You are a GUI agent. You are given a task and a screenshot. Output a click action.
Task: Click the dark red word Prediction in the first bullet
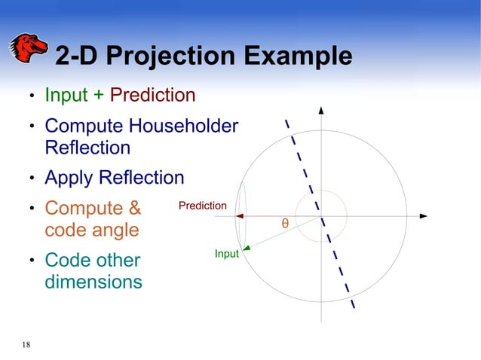[x=153, y=96]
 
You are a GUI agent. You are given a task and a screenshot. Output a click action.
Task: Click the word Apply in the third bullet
[x=70, y=178]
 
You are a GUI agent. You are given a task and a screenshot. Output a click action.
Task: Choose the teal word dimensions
[x=93, y=282]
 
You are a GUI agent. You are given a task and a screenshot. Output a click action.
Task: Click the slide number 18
[x=26, y=345]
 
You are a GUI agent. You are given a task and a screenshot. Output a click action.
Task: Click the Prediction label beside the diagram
[x=202, y=206]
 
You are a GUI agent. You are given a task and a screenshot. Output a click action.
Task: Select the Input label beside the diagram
[x=226, y=254]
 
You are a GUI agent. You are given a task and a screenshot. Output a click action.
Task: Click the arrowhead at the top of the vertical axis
[x=322, y=111]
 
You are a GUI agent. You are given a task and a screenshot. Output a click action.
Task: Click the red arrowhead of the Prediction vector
[x=240, y=216]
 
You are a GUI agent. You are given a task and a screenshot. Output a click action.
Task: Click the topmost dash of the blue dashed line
[x=286, y=124]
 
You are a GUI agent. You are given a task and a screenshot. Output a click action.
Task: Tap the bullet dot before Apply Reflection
[x=32, y=179]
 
